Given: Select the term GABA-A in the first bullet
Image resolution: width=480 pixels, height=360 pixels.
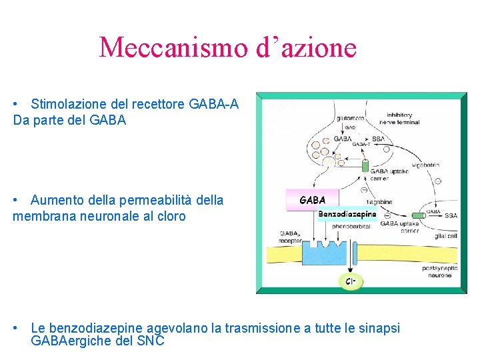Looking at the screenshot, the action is (213, 104).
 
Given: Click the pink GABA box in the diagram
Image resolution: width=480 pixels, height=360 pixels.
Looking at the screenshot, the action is (313, 200).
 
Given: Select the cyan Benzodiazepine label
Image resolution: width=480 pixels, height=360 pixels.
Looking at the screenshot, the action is (347, 214).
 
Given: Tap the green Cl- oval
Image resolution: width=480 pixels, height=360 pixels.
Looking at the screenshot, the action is (349, 281).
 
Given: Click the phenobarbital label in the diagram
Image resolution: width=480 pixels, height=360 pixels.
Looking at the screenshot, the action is (351, 226).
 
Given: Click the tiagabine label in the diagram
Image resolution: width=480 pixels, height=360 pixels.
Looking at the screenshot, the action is (379, 201).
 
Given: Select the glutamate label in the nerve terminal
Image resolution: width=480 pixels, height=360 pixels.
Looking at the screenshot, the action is (350, 119).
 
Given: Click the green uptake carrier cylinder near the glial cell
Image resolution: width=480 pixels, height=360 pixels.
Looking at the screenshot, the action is (418, 215).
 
